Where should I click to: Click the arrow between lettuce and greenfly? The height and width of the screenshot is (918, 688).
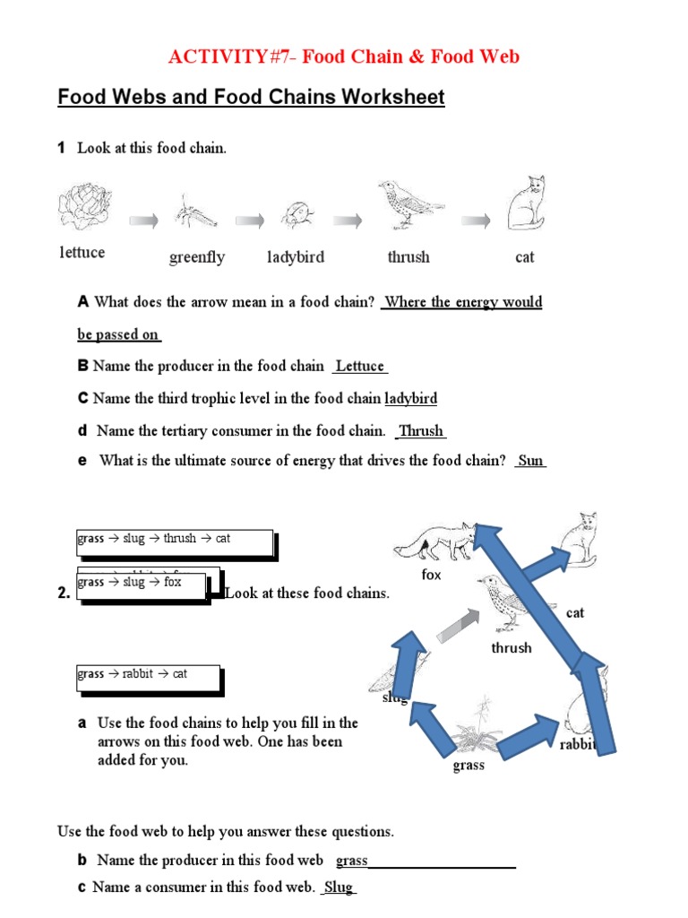[x=143, y=221]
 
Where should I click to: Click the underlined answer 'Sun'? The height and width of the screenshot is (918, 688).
[x=530, y=461]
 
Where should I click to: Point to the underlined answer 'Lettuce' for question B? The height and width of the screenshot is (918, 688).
[x=359, y=366]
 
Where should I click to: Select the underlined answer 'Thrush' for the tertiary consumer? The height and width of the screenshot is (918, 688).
[x=421, y=431]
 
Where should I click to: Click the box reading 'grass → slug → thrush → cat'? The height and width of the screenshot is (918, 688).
[x=174, y=541]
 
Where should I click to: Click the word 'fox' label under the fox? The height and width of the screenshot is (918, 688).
[x=432, y=575]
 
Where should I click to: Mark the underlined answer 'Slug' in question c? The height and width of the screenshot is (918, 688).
[x=339, y=888]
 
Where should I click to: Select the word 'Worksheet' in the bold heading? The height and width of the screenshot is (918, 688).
[x=391, y=97]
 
